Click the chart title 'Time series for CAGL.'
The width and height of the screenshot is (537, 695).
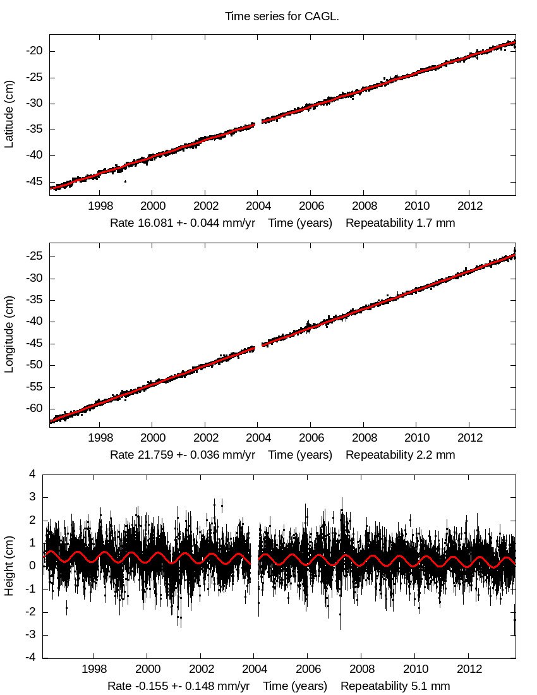point(282,16)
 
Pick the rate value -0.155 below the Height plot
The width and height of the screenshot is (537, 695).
point(163,686)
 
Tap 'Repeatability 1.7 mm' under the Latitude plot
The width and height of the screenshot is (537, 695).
point(400,223)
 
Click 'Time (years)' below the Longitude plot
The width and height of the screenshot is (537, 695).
point(300,455)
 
